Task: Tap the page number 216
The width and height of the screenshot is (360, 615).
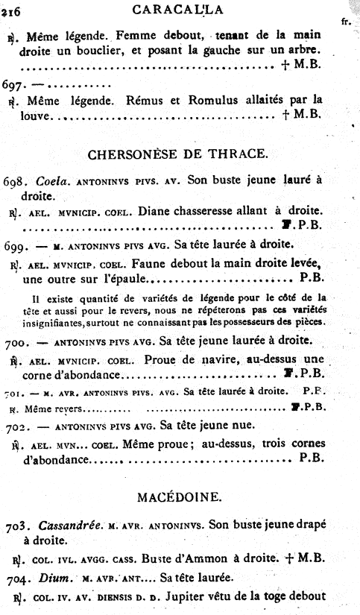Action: tap(12, 10)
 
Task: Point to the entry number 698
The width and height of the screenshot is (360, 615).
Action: tap(15, 180)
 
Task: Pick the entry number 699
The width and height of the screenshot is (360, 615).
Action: tap(15, 245)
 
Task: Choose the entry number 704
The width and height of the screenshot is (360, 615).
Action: tap(15, 579)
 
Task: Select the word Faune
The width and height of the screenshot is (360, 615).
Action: tap(156, 263)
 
